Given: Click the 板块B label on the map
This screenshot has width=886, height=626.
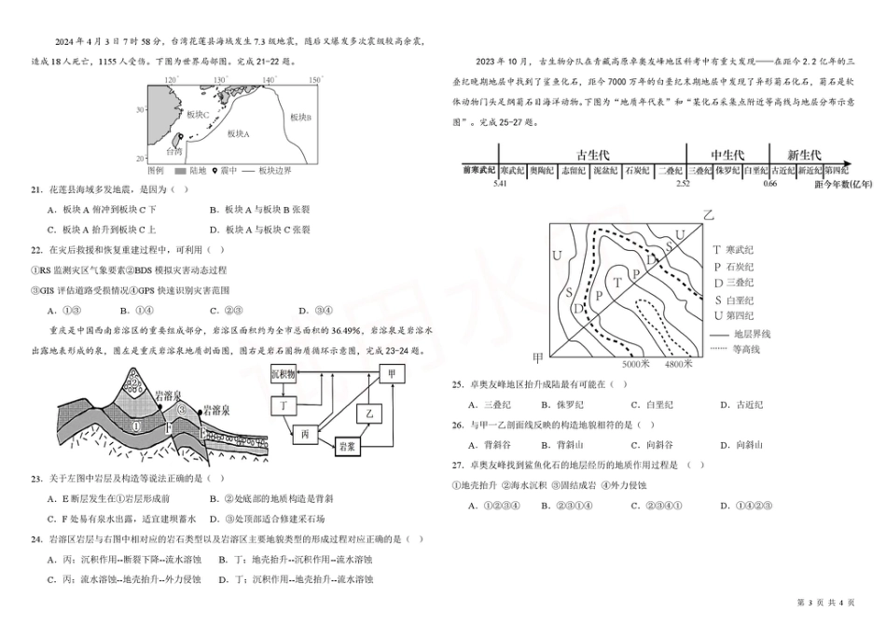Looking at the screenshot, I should tap(300, 118).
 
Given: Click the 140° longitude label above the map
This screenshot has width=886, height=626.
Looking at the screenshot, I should tap(269, 81).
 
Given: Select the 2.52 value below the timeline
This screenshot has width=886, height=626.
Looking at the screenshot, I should tap(683, 184).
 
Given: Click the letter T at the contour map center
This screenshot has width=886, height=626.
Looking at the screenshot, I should tap(616, 278).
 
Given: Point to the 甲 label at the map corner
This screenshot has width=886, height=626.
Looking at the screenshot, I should tap(538, 357).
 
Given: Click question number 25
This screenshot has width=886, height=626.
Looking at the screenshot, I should tap(458, 383).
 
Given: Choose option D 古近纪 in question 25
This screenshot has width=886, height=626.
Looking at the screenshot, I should tap(741, 404).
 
